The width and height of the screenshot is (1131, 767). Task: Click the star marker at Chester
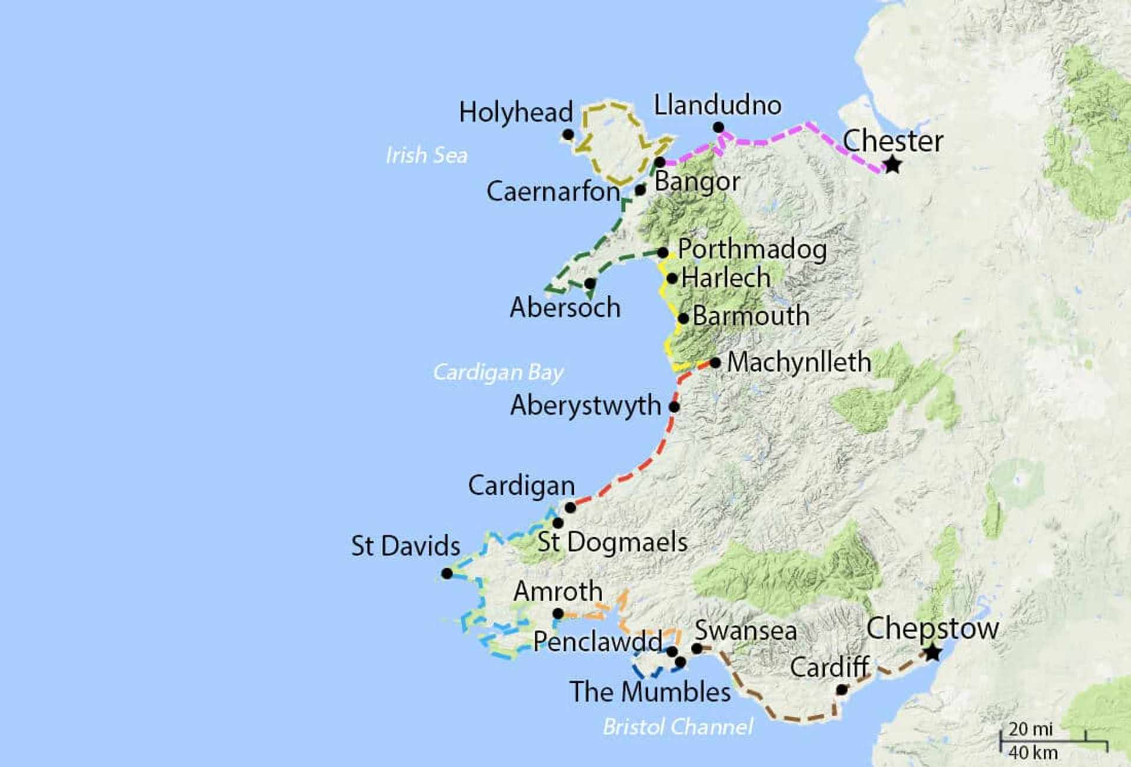tap(892, 165)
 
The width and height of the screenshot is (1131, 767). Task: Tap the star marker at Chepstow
tap(932, 653)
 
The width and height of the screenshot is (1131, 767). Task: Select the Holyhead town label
tap(515, 112)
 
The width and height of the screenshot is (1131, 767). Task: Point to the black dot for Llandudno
tap(718, 127)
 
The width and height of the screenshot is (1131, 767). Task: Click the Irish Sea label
tap(426, 155)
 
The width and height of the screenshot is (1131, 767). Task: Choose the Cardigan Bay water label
tap(498, 372)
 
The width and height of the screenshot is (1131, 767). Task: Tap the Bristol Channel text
tap(677, 727)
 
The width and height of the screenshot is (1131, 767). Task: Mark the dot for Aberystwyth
tap(674, 406)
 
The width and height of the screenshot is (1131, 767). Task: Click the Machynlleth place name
tap(799, 362)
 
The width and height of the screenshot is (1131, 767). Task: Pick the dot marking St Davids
tap(447, 573)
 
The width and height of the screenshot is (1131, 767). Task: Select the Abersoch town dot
tap(590, 283)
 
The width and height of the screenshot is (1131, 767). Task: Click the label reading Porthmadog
tap(752, 249)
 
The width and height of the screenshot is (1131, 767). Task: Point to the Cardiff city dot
tap(842, 689)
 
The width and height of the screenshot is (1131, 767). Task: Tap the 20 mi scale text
tap(1030, 729)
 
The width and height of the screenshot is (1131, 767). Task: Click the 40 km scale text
tap(1033, 752)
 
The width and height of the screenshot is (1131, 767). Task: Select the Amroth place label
tap(558, 591)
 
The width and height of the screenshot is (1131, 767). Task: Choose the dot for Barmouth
tap(683, 318)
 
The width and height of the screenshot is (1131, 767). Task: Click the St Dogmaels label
tap(612, 542)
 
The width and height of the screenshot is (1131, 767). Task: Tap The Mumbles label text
tap(650, 692)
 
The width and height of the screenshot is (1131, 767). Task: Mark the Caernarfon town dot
tap(640, 190)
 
